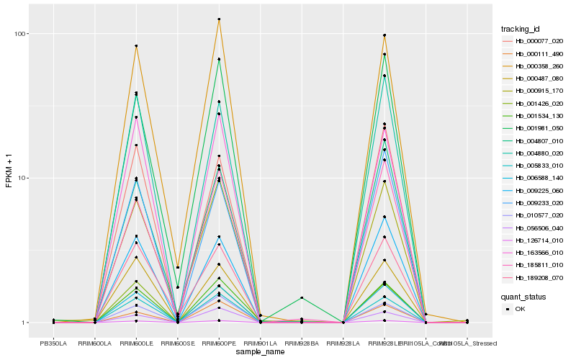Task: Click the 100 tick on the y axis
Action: pyautogui.click(x=19, y=34)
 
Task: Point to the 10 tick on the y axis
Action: pyautogui.click(x=22, y=178)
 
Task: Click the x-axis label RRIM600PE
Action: pyautogui.click(x=219, y=343)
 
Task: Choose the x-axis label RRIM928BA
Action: pyautogui.click(x=302, y=343)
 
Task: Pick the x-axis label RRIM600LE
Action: pyautogui.click(x=136, y=343)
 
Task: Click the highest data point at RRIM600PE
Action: pyautogui.click(x=219, y=19)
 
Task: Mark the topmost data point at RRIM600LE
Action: pyautogui.click(x=136, y=46)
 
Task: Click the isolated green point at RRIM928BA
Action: pyautogui.click(x=302, y=297)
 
